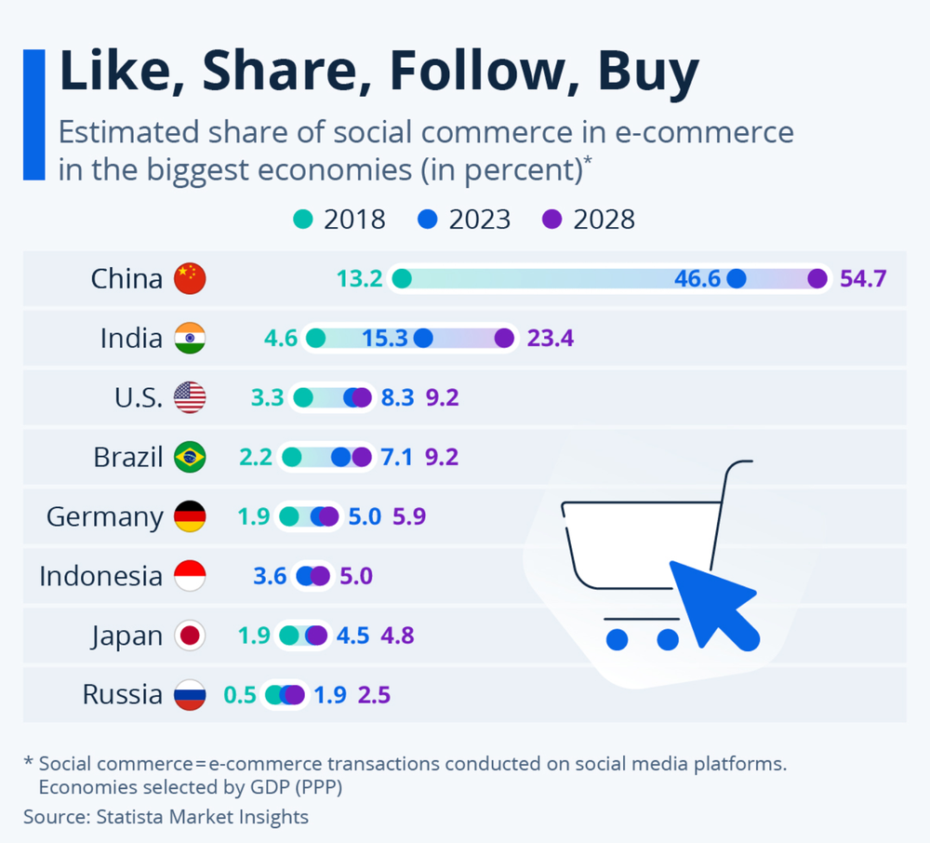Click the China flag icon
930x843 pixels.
190,278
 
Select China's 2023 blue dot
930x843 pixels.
737,278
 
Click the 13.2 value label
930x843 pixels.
360,278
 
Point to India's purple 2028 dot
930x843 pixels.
504,338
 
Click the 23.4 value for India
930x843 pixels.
551,338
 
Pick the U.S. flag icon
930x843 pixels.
190,397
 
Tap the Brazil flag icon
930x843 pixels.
190,457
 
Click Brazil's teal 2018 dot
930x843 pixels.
292,457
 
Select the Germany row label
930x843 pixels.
104,516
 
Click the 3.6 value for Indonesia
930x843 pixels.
270,576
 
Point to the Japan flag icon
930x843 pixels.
190,636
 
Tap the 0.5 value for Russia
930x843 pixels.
240,695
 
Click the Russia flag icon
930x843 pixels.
190,695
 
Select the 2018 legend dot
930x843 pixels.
302,220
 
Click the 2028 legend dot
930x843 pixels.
552,220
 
